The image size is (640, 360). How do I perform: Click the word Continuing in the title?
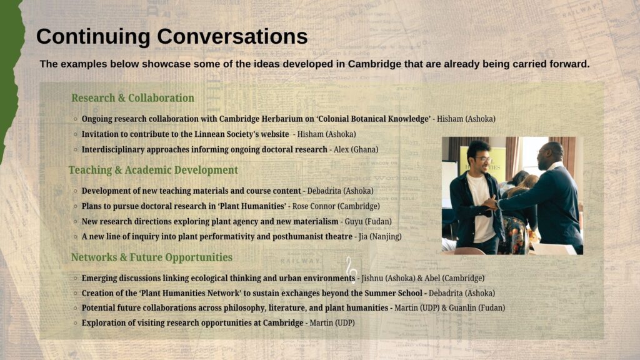[94, 37]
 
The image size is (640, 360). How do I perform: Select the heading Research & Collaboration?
[132, 98]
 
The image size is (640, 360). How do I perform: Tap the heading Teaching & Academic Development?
[153, 170]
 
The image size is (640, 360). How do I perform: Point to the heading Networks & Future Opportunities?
[152, 257]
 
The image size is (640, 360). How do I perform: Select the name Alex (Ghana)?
[356, 150]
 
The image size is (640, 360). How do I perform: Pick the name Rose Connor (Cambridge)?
[336, 206]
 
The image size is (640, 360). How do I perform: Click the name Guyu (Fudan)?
[368, 222]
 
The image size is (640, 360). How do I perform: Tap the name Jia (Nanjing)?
[380, 237]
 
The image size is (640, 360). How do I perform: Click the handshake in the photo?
[491, 203]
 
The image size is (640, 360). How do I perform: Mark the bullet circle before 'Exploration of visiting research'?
[76, 323]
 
